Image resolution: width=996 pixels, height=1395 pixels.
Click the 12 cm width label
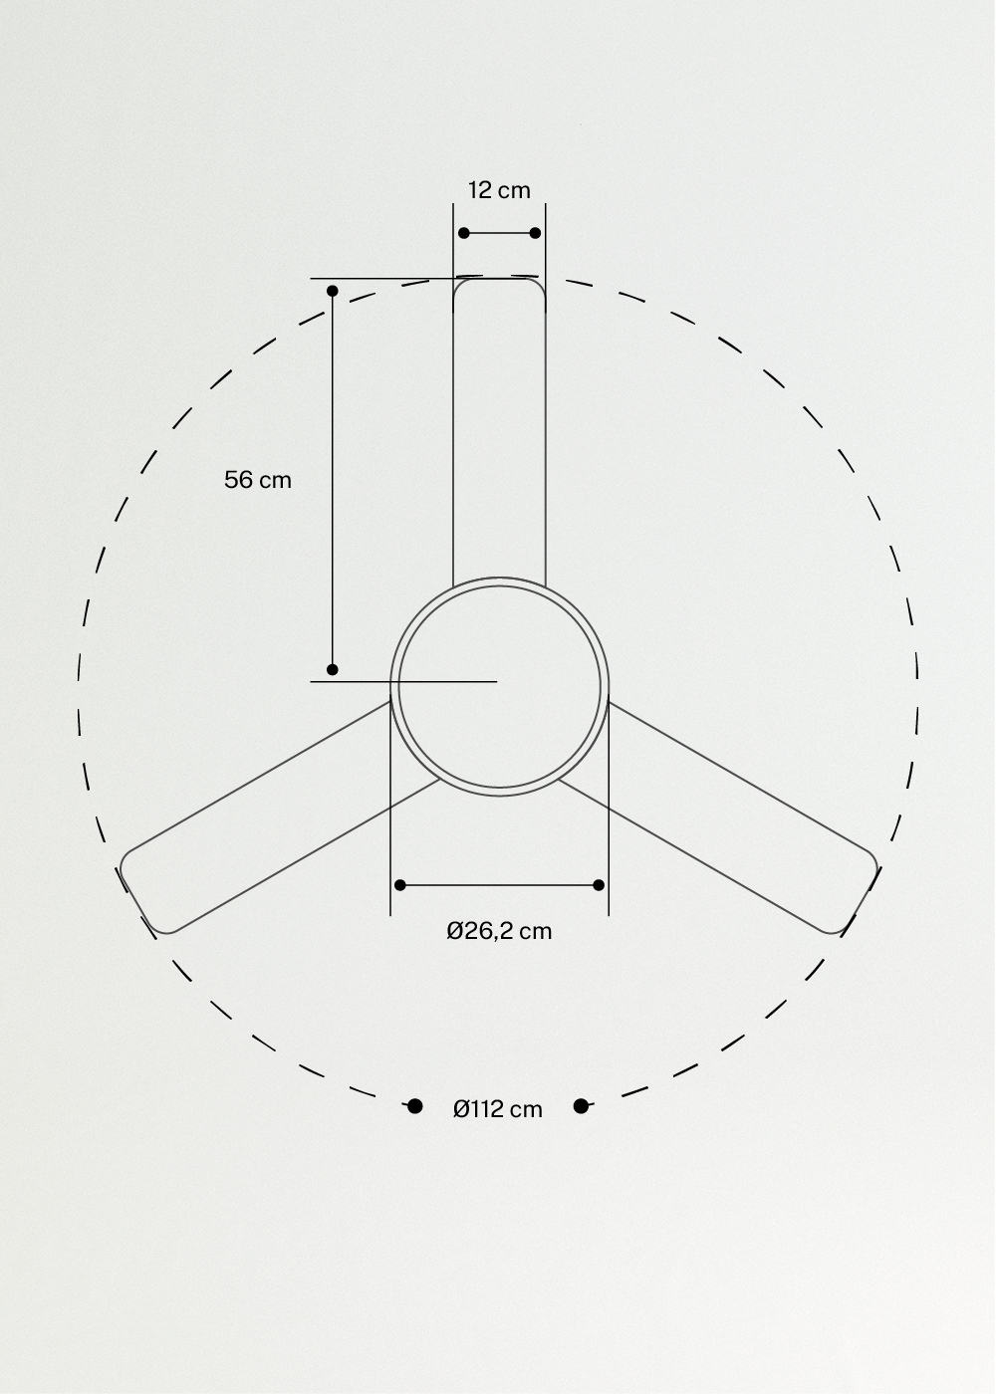(x=499, y=190)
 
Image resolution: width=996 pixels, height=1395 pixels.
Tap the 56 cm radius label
(x=258, y=480)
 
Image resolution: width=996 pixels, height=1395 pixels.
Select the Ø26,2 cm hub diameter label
(x=499, y=931)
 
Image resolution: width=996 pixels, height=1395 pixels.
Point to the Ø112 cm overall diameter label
(x=498, y=1109)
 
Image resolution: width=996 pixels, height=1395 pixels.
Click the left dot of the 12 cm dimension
(x=464, y=233)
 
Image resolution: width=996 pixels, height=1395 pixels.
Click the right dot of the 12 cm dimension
(x=535, y=233)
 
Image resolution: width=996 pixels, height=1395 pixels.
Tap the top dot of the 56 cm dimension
(x=333, y=291)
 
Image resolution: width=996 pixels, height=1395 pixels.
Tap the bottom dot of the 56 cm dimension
(x=333, y=670)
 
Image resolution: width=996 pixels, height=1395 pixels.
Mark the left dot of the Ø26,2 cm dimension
(x=400, y=885)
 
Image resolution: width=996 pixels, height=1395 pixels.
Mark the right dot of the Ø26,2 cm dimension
(x=599, y=885)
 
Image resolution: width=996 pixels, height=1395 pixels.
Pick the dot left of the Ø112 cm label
(x=415, y=1106)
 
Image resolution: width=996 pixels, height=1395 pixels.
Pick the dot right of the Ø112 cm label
(x=582, y=1106)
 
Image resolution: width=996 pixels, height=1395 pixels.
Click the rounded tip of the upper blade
(x=499, y=284)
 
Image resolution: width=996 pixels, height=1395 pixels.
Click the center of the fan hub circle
(x=499, y=686)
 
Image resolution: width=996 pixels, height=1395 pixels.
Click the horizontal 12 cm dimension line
(x=499, y=233)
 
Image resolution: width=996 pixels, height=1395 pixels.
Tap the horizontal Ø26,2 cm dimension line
(x=499, y=885)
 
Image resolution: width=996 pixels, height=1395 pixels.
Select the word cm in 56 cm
(x=275, y=480)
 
